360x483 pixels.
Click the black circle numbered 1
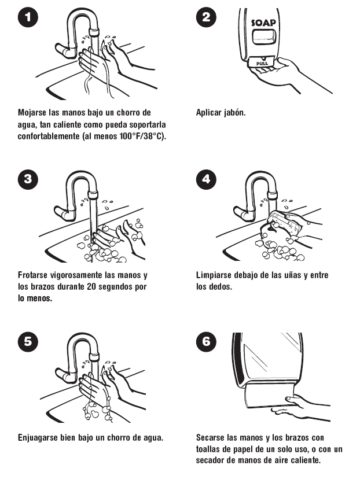coord(28,17)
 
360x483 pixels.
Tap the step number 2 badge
coord(206,17)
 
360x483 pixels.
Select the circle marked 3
coord(28,179)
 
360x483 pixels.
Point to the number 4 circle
coord(206,179)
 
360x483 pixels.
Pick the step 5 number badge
coord(28,341)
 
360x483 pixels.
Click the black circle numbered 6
coord(206,341)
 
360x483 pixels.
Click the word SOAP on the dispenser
coord(263,22)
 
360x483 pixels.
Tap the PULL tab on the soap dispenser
coord(262,63)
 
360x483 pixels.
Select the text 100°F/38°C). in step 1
coord(143,136)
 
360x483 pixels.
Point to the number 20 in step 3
coord(91,287)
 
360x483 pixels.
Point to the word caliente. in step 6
coord(304,460)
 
